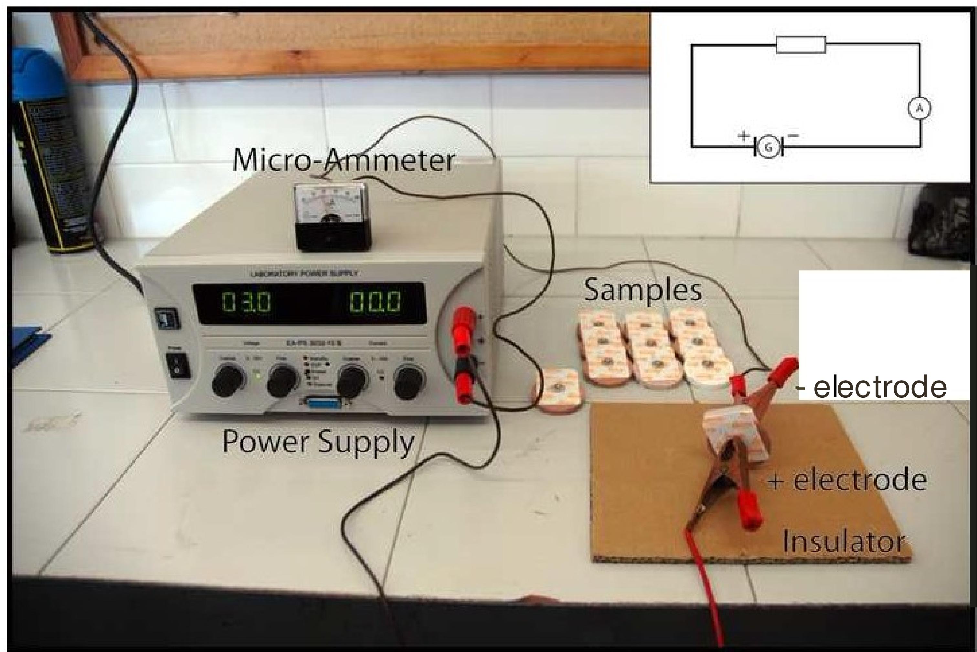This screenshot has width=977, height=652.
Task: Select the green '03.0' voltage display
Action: click(246, 302)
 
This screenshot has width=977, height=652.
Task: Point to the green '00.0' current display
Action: click(376, 302)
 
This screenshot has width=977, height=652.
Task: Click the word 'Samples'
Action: click(642, 290)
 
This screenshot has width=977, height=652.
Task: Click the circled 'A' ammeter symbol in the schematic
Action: click(919, 109)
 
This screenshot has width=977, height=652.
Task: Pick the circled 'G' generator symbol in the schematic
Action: click(769, 147)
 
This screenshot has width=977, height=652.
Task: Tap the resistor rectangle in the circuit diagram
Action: click(801, 45)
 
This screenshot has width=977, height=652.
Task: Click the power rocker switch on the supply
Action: click(178, 366)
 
